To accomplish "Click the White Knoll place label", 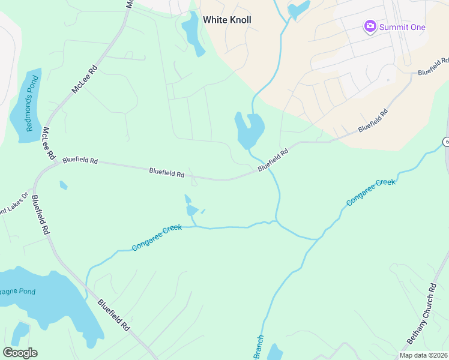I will pos(227,20).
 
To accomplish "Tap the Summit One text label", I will pos(402,27).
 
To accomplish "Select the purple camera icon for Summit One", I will pos(370,26).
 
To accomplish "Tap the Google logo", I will pos(20,353).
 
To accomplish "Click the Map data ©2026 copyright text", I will pos(424,355).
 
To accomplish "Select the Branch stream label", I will pos(258,348).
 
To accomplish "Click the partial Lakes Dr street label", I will pos(13,202).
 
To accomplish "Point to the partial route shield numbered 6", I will pos(446,142).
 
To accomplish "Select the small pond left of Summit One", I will pos(298,9).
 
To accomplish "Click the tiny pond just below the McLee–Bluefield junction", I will pos(63,185).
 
